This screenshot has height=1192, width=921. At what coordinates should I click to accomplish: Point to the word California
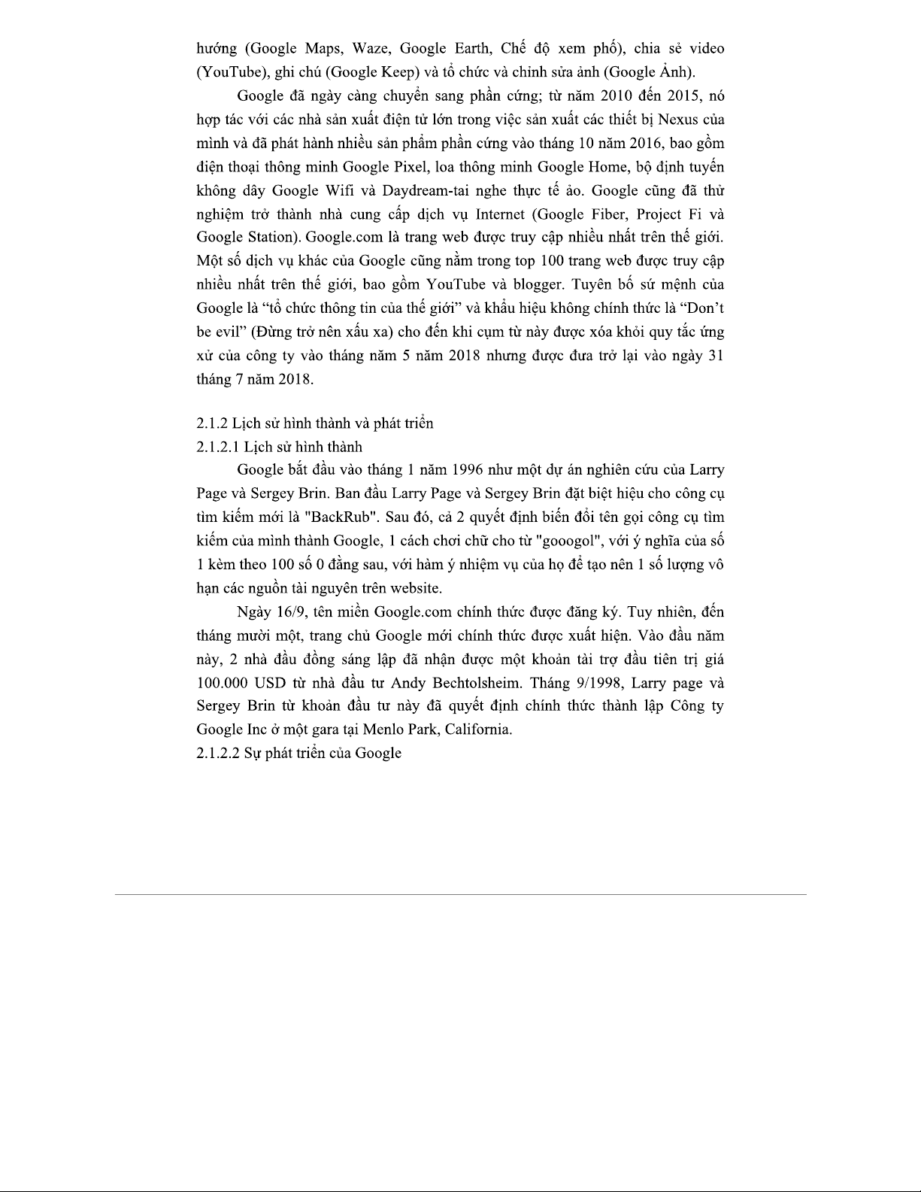pos(477,729)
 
